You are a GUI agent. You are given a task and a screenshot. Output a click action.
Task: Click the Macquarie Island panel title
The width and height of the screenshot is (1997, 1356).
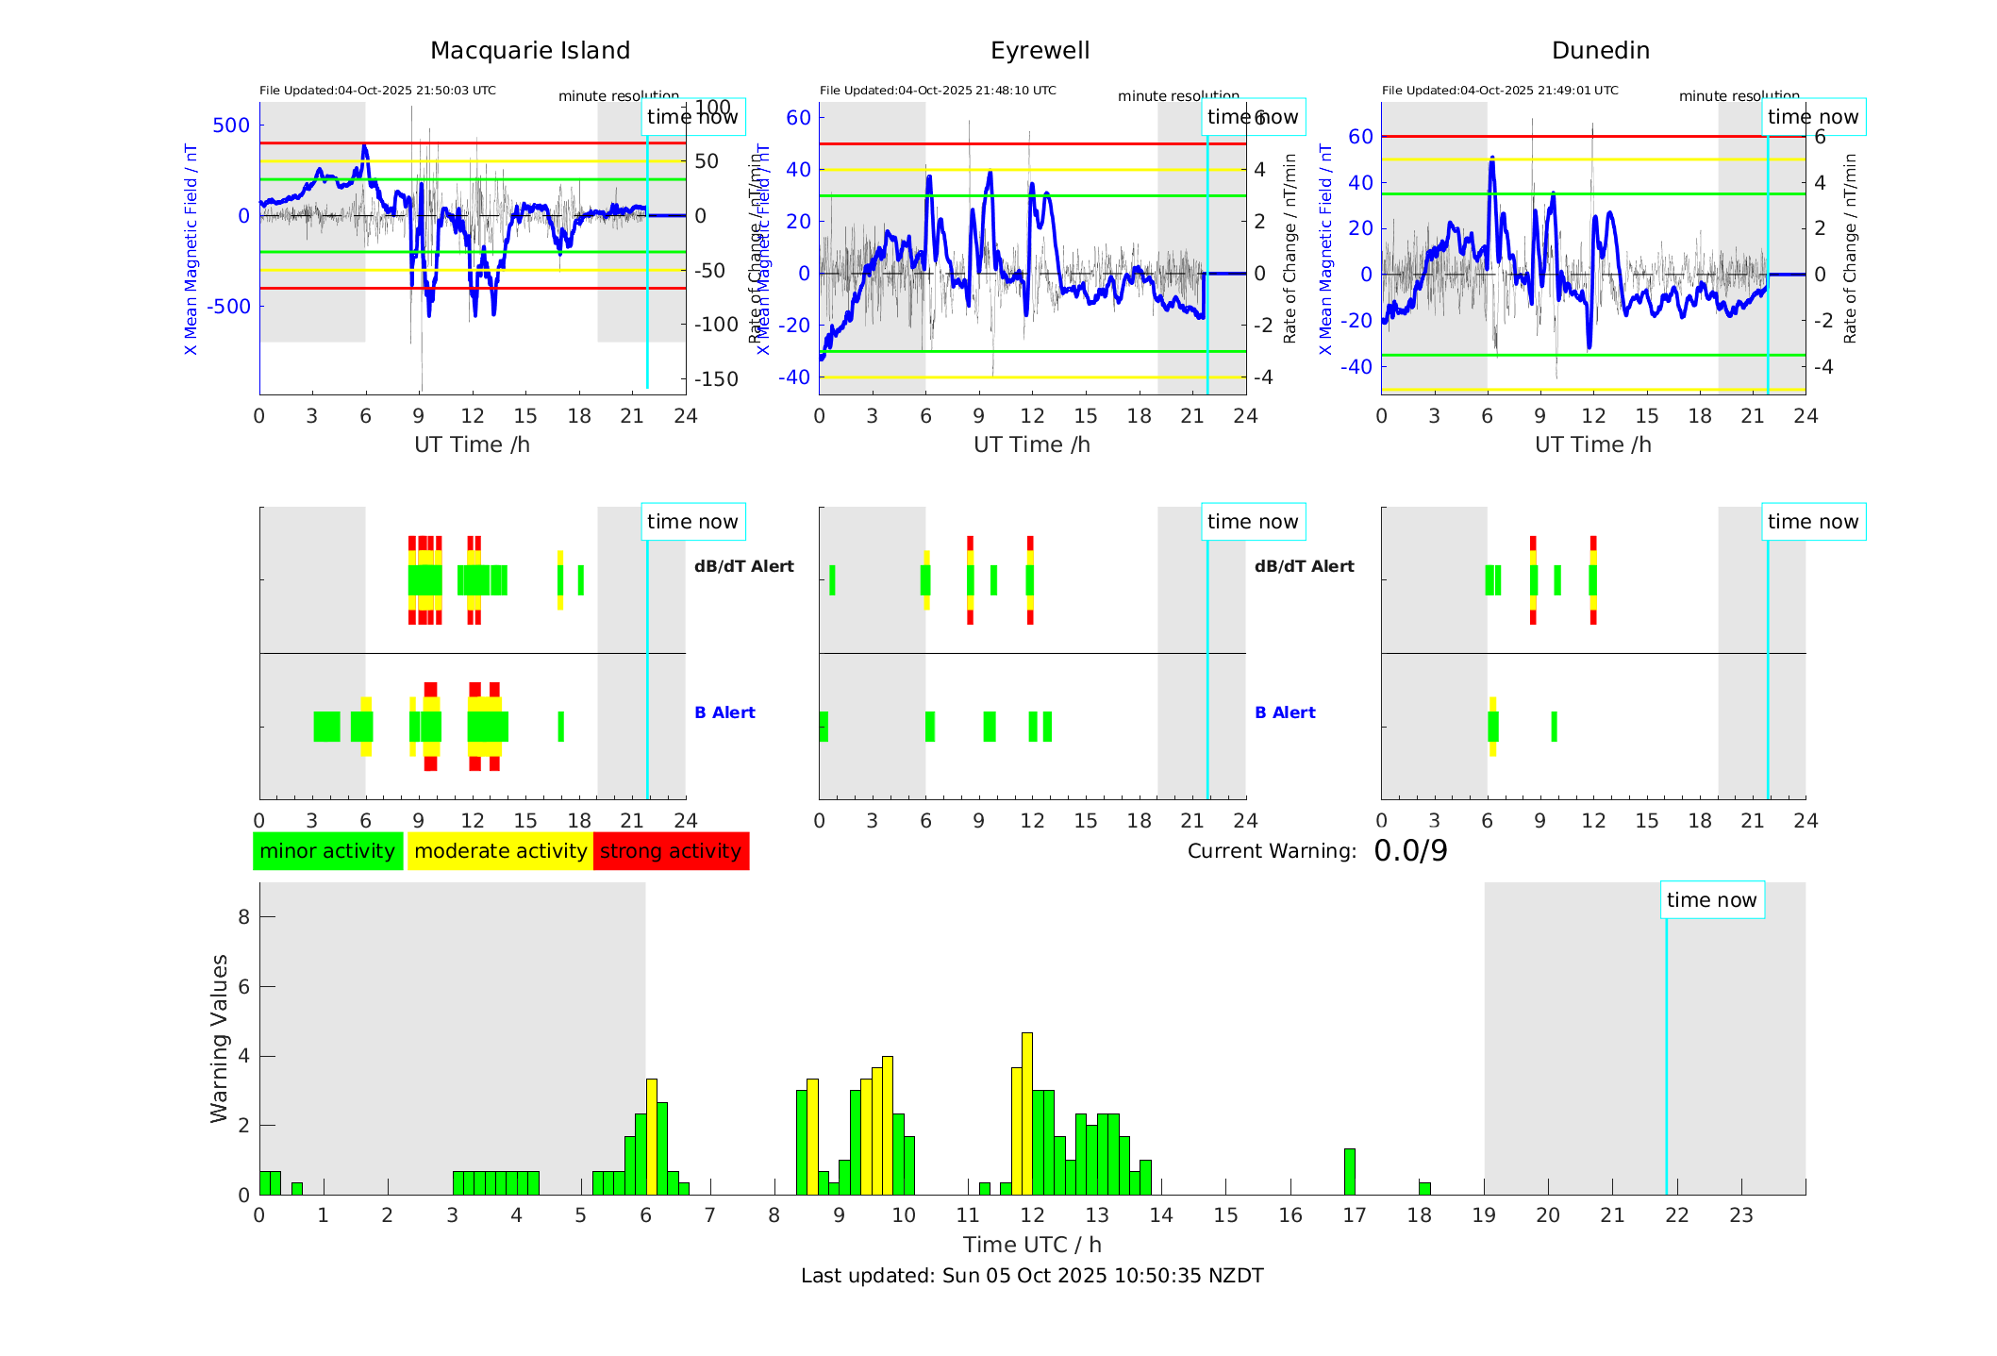pos(529,51)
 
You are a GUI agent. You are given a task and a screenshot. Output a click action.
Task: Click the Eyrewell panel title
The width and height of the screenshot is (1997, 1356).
pos(1040,51)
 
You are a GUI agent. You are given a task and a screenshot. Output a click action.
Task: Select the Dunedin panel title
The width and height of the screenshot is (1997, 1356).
pos(1600,51)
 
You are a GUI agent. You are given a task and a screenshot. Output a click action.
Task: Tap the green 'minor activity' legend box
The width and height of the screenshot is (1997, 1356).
pos(327,851)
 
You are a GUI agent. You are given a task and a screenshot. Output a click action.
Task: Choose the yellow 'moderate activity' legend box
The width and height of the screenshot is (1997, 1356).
pos(500,851)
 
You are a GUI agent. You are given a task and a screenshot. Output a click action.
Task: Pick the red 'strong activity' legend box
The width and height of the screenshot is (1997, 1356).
pos(671,851)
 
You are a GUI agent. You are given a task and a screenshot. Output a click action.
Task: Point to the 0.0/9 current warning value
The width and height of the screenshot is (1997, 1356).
pos(1410,851)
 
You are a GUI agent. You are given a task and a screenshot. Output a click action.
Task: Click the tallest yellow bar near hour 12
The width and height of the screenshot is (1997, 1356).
pos(1027,1113)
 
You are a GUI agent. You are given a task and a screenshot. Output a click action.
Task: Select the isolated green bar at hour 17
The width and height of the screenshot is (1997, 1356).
pos(1350,1171)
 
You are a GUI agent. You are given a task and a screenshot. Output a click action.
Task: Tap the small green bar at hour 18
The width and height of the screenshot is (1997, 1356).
pos(1424,1188)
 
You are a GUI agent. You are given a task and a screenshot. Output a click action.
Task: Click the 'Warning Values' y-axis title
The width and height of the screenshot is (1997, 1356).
pos(220,1038)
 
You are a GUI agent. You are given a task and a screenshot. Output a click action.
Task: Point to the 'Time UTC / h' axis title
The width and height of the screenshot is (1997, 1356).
pos(1032,1245)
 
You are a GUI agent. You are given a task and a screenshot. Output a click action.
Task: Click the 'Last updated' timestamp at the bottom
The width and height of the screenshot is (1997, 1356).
pos(1032,1276)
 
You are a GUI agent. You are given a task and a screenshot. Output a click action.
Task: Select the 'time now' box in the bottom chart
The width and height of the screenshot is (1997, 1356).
pos(1711,900)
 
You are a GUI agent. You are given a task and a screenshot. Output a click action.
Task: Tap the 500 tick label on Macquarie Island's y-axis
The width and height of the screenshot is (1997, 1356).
pos(231,126)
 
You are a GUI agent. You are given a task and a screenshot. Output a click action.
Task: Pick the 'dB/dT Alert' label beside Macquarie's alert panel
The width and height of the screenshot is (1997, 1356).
pos(744,566)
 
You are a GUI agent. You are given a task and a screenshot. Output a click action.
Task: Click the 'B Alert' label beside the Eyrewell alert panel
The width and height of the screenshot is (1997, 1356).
pos(1285,712)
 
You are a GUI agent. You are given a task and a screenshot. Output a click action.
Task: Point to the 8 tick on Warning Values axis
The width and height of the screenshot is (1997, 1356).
pos(243,916)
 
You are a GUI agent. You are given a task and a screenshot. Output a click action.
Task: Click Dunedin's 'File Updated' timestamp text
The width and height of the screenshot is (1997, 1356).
pos(1500,91)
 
